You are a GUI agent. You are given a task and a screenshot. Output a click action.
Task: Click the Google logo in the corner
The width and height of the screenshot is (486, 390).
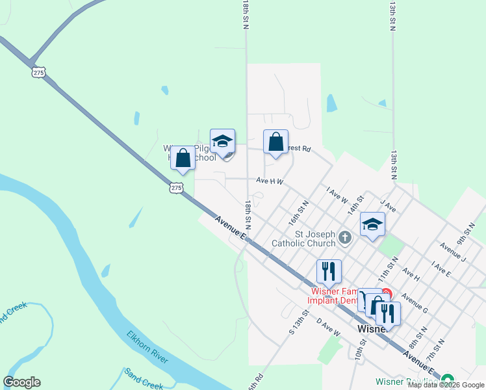point(22,382)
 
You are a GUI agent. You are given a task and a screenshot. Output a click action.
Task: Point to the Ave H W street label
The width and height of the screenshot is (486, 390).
point(270,181)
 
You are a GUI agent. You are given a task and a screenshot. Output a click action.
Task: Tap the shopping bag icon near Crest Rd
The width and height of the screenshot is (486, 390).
point(275,142)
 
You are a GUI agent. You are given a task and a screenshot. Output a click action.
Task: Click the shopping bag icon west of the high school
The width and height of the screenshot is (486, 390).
point(183,158)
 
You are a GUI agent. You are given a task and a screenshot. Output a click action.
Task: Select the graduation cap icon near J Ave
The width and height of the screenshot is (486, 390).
point(372,224)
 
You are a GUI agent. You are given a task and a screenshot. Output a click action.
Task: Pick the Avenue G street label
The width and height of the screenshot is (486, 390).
point(415,304)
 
